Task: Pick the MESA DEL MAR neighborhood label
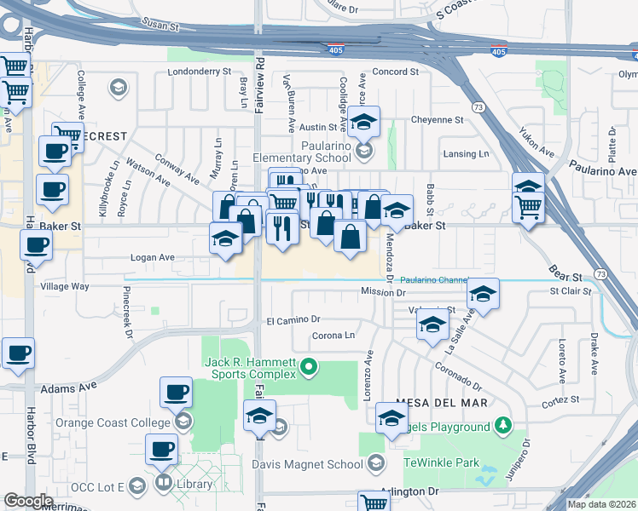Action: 441,402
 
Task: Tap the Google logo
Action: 28,501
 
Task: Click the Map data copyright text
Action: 601,504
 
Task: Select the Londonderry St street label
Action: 200,72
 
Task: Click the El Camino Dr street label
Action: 293,321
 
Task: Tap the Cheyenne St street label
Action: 437,120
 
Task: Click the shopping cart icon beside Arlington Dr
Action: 374,502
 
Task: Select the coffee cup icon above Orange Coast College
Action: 176,393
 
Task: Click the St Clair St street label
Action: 571,291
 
